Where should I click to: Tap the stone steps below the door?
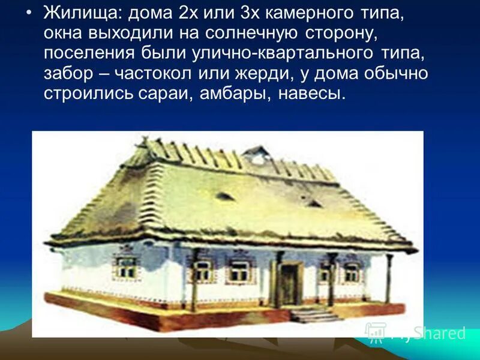coord(313,314)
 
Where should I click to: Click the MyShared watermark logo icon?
coord(376,332)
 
